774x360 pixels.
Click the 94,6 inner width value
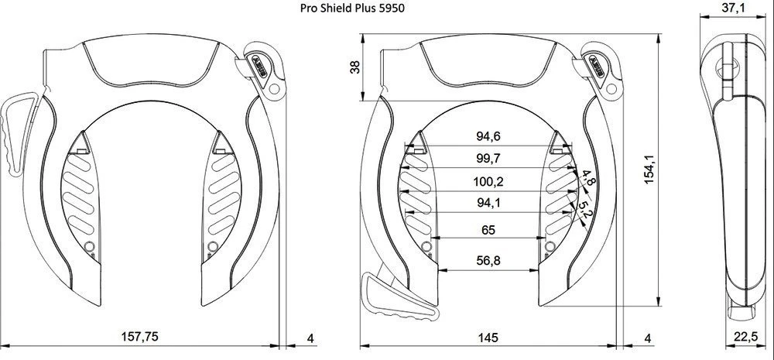pyautogui.click(x=488, y=137)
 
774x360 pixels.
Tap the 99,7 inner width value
pyautogui.click(x=488, y=159)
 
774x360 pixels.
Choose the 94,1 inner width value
pyautogui.click(x=488, y=204)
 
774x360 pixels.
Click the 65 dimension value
pyautogui.click(x=488, y=230)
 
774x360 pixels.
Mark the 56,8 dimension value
pyautogui.click(x=488, y=261)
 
